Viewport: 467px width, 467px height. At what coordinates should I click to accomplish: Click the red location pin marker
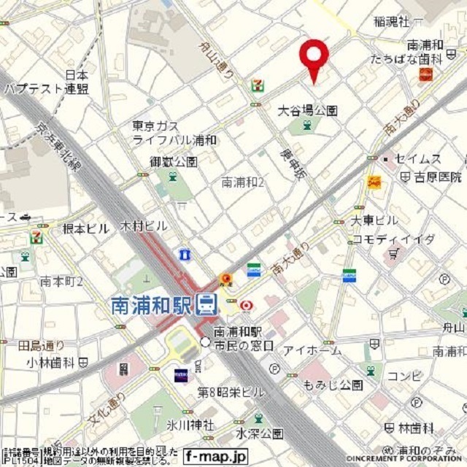[314, 57]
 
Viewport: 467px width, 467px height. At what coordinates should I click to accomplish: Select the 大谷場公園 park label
[308, 111]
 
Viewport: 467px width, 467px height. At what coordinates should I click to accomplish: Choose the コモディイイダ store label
[393, 239]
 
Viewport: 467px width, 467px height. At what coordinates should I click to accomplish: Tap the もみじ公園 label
[333, 385]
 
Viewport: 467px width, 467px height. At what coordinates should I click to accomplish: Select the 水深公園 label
[260, 433]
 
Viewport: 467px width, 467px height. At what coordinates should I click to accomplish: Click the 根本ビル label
[85, 228]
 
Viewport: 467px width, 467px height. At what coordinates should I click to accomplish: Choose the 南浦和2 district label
[243, 182]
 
